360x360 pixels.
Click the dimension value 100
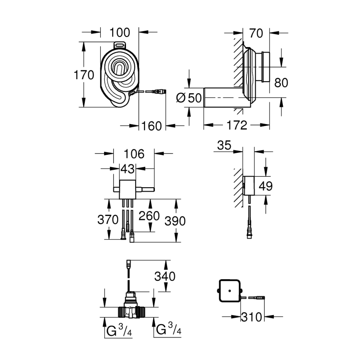point(119,33)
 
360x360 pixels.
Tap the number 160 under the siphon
point(152,126)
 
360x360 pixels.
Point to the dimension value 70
point(256,33)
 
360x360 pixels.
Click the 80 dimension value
point(281,83)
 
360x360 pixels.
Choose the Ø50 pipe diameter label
point(189,97)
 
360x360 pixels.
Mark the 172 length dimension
point(237,126)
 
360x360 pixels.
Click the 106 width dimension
point(134,153)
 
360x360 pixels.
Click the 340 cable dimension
point(166,276)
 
